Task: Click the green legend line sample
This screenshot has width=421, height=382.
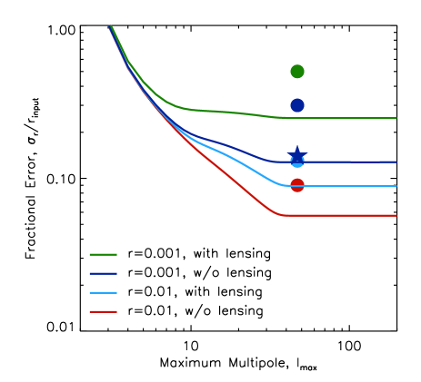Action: click(103, 254)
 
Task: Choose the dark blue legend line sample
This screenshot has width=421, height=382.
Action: click(103, 273)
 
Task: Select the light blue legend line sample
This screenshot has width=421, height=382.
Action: click(103, 292)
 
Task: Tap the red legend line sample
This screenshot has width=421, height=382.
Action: click(103, 311)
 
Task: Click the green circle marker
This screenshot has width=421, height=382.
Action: click(297, 72)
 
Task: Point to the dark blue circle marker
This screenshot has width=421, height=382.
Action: click(297, 105)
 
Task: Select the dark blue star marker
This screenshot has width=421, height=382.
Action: click(297, 153)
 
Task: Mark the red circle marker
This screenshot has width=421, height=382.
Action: click(297, 185)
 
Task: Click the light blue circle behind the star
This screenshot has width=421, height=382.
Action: click(297, 163)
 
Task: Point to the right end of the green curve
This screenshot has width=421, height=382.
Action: click(396, 118)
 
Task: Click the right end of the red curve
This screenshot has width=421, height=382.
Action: click(396, 215)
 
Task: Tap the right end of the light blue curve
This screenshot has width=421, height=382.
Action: click(396, 186)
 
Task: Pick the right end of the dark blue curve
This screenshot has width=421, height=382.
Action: click(396, 162)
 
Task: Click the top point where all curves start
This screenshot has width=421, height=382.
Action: click(110, 26)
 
